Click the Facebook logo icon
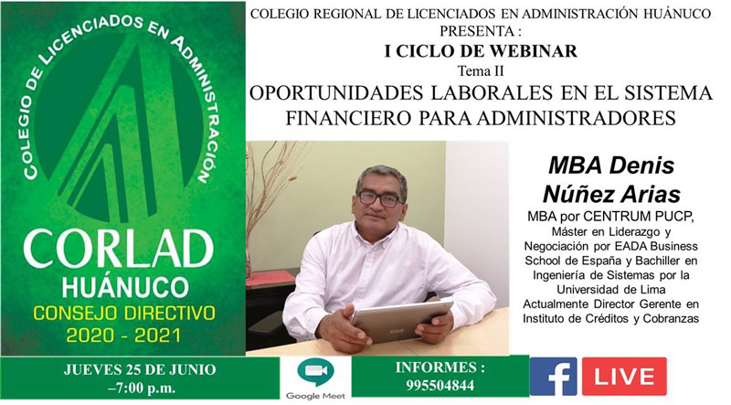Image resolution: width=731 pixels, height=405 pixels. [553, 377]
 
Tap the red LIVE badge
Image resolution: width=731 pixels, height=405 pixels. [624, 377]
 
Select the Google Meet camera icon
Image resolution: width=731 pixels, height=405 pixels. [315, 372]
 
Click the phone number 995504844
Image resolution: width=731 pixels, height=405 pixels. [440, 386]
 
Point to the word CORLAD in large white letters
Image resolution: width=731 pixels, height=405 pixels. [119, 250]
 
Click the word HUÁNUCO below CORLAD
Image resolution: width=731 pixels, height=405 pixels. [125, 287]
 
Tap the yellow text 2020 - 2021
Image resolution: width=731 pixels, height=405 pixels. [123, 335]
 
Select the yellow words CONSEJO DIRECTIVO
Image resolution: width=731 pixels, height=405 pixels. [124, 313]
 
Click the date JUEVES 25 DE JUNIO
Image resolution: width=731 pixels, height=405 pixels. [140, 369]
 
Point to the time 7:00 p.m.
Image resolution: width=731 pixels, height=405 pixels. [143, 388]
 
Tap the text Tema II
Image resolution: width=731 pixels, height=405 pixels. [481, 71]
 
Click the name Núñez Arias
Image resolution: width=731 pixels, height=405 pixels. [611, 193]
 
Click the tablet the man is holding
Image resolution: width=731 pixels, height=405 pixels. [402, 320]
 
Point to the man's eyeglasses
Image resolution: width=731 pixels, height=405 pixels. [379, 199]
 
